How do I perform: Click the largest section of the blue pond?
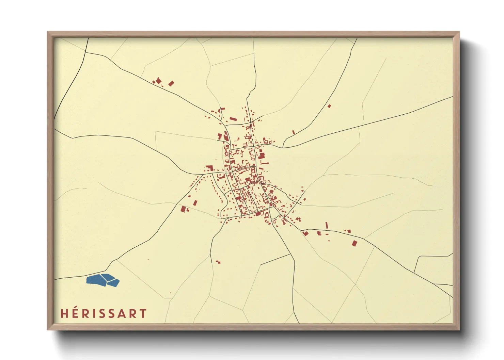coord(95,280)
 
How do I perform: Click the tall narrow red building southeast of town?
coord(327,225)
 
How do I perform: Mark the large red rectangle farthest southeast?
coord(355,243)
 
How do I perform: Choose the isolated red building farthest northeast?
coord(329,106)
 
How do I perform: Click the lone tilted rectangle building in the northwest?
coord(171,83)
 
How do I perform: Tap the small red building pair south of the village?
coord(218,262)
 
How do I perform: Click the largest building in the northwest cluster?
coord(158,81)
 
